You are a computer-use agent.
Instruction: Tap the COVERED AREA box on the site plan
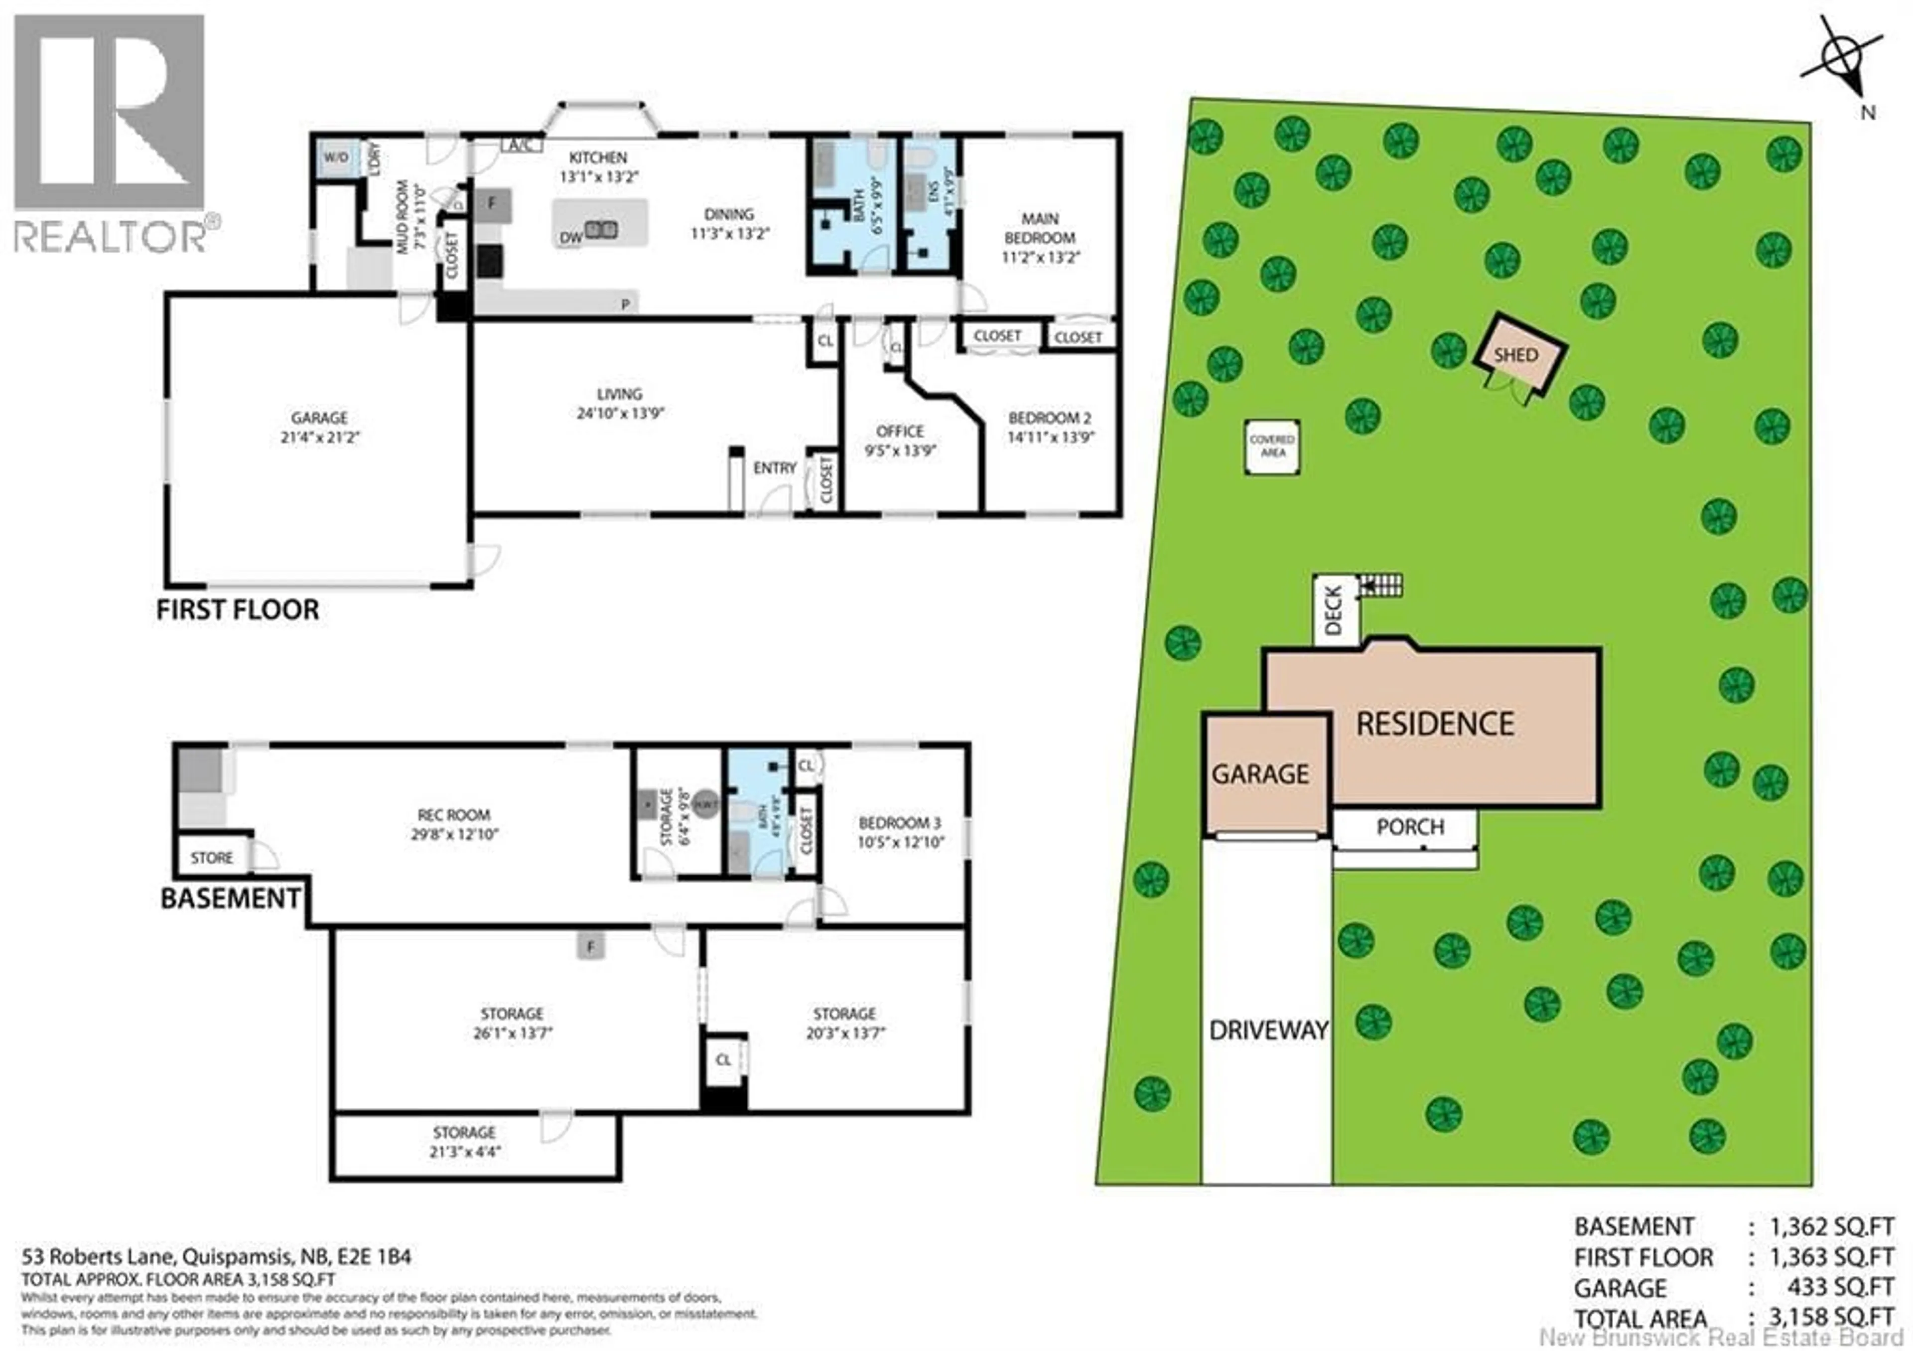(x=1272, y=446)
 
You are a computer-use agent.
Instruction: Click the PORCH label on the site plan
(x=1410, y=827)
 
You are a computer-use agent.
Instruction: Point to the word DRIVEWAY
(x=1268, y=1030)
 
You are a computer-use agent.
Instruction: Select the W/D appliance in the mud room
(x=336, y=157)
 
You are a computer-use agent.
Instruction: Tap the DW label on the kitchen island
(x=571, y=238)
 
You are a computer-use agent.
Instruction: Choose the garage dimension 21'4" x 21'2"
(x=319, y=438)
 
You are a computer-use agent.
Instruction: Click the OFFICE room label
(x=900, y=431)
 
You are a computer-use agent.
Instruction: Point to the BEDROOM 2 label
(x=1050, y=418)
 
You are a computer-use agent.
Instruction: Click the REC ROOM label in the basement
(x=453, y=814)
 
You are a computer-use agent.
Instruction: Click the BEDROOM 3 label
(x=900, y=823)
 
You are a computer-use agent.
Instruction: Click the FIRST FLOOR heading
(x=238, y=610)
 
